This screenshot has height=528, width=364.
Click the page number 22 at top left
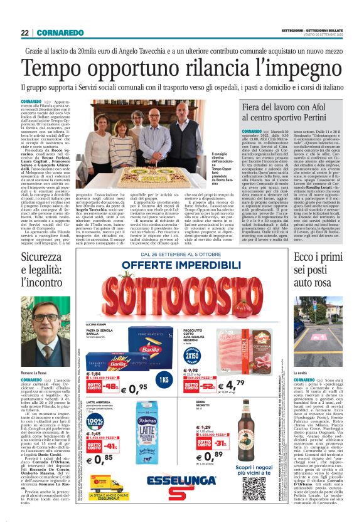(x=24, y=33)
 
